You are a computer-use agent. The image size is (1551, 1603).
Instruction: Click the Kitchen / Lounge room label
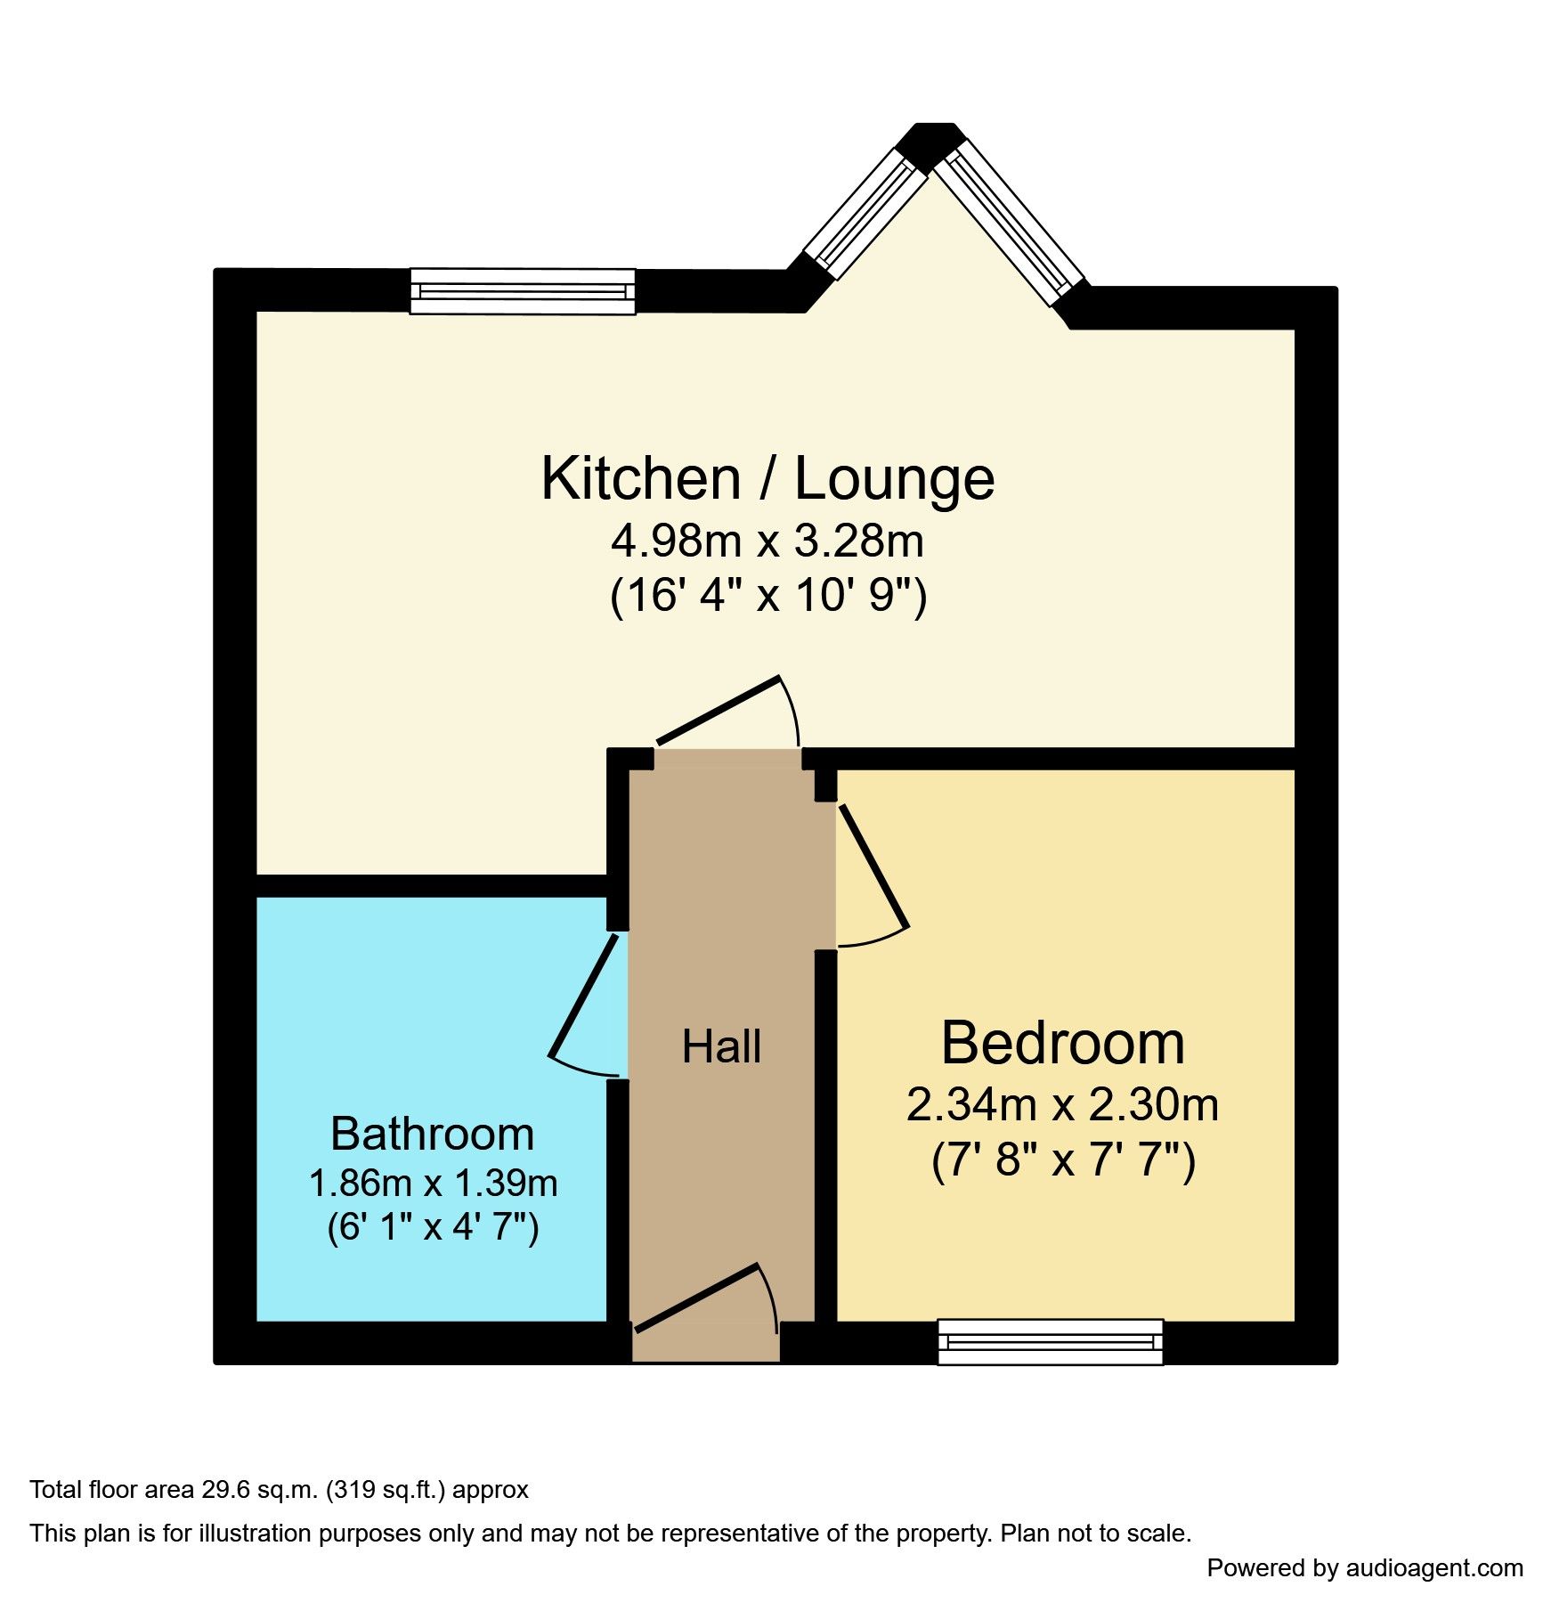[767, 479]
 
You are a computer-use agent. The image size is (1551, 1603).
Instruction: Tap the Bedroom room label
[1062, 1043]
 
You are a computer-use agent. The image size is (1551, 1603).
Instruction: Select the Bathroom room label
[432, 1134]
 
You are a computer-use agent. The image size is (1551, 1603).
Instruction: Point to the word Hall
[721, 1046]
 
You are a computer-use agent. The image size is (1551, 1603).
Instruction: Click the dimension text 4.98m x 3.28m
[767, 541]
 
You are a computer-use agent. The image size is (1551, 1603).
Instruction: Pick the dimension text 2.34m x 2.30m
[1062, 1104]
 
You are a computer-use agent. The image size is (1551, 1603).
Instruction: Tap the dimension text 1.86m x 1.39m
[433, 1183]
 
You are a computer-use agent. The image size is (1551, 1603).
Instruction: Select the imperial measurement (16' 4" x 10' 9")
[767, 595]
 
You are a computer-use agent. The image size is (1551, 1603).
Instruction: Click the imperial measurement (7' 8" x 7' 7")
[1063, 1160]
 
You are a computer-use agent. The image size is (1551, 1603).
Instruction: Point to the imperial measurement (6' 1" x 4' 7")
[433, 1227]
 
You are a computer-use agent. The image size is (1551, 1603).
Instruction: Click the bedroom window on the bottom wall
[1050, 1341]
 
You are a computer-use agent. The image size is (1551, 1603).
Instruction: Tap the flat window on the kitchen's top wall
[523, 291]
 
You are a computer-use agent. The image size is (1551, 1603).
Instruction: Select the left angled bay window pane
[865, 213]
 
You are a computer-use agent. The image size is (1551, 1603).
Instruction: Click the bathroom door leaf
[583, 996]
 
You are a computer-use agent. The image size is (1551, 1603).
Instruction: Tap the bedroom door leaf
[873, 867]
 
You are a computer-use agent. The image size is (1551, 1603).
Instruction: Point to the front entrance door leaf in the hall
[696, 1298]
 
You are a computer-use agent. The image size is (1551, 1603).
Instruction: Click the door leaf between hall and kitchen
[718, 710]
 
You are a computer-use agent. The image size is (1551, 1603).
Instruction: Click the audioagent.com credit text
[1433, 1567]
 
